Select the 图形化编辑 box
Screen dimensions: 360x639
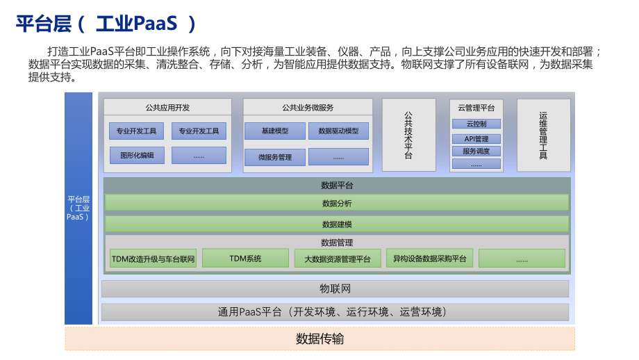point(137,155)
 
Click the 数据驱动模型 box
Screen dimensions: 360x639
point(338,131)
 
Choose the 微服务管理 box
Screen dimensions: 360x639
point(274,157)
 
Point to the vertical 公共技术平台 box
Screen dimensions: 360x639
point(408,135)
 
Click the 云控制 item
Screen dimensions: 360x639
point(476,124)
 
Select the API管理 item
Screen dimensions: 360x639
point(476,138)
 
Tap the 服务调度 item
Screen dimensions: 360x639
point(476,151)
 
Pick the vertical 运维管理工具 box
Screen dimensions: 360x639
point(543,135)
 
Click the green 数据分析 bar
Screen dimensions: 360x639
point(336,203)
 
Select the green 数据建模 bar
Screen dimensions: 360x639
point(336,224)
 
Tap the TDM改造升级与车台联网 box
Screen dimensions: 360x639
point(153,259)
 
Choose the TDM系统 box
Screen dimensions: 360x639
point(245,259)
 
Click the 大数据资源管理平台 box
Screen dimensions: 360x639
point(338,259)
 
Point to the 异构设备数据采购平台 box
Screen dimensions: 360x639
point(429,259)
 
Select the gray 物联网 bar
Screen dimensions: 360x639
point(335,288)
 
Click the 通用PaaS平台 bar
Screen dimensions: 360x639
point(335,312)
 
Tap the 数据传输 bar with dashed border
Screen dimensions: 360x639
point(319,339)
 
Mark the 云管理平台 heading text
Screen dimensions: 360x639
point(476,108)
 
